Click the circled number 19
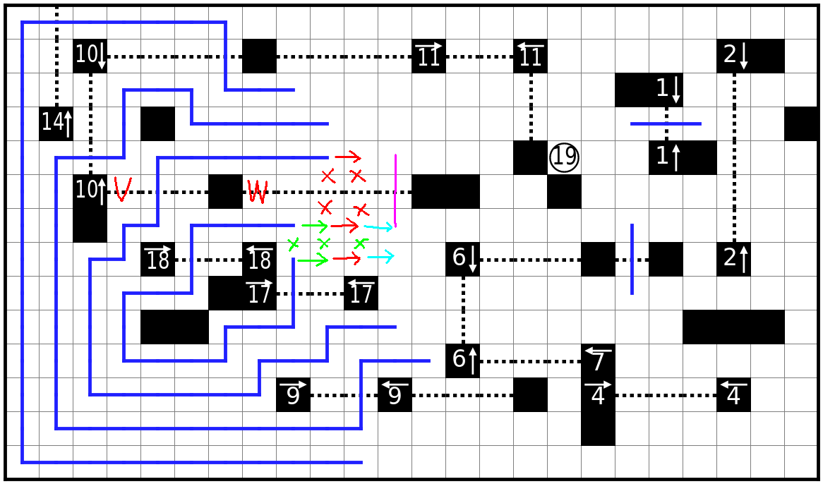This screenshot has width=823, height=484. (564, 157)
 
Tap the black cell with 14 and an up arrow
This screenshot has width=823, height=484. (56, 123)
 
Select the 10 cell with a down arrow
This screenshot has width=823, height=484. (90, 56)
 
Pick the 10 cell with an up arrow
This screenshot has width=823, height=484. (90, 191)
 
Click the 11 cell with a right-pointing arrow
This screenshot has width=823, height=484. (428, 56)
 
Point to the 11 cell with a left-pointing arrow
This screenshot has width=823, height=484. (530, 56)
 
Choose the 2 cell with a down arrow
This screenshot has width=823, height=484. (734, 56)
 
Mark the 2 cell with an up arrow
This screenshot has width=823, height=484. (733, 259)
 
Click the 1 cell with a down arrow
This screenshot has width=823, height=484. (666, 90)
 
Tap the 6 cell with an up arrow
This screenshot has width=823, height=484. (462, 361)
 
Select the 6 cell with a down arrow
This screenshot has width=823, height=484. (462, 259)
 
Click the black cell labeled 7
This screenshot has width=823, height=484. (598, 361)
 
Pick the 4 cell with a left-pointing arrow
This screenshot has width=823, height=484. (733, 394)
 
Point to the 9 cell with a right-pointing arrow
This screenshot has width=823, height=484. (293, 394)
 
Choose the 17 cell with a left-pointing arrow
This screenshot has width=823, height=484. (361, 293)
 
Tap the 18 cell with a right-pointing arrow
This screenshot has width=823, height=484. (157, 259)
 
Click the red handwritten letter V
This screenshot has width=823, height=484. (122, 189)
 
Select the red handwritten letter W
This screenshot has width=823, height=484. (257, 191)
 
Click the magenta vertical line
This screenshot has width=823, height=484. (395, 190)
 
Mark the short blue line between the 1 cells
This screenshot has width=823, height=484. (666, 123)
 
